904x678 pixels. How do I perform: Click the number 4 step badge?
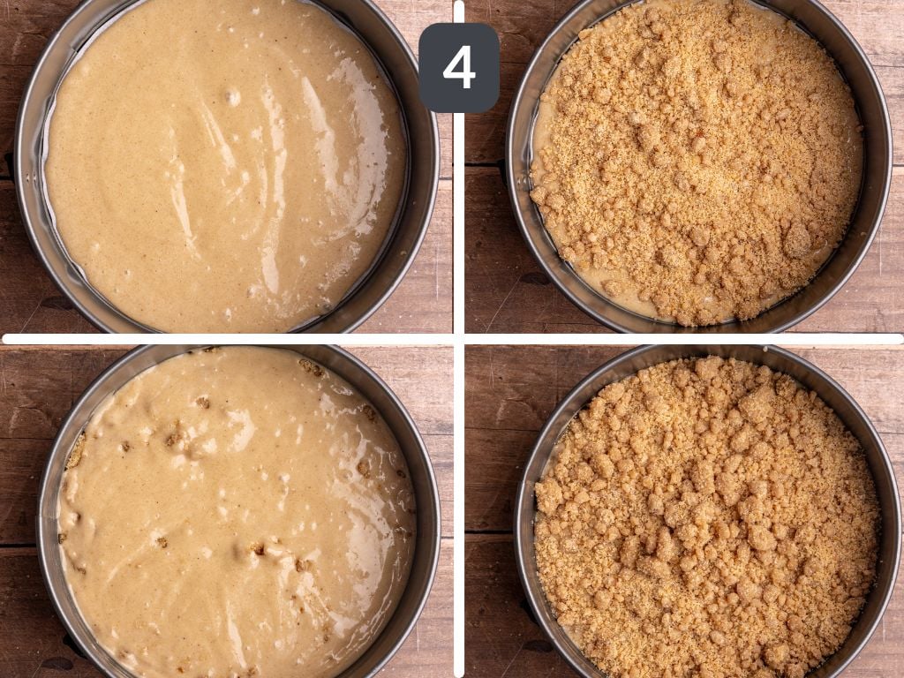click(x=458, y=67)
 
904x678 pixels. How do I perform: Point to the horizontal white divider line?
click(x=230, y=338)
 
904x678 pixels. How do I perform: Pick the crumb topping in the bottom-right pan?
click(x=706, y=521)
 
